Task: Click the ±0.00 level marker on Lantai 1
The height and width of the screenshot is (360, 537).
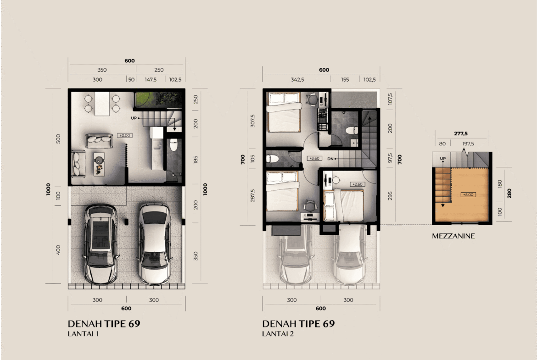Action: (125, 135)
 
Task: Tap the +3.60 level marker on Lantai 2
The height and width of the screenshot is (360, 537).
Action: (314, 158)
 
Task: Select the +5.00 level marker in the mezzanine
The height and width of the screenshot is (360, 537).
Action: (468, 195)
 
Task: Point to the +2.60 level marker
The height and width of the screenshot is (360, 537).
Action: (358, 184)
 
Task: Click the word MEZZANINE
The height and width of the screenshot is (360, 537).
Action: (453, 236)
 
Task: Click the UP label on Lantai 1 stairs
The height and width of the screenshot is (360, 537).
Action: (134, 118)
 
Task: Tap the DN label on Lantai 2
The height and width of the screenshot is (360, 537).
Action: (330, 159)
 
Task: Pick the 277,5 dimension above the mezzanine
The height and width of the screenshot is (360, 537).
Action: (461, 134)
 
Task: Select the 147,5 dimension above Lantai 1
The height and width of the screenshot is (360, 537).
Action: (151, 79)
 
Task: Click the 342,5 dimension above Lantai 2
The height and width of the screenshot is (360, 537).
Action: (297, 79)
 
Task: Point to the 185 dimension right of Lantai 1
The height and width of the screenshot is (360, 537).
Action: (196, 160)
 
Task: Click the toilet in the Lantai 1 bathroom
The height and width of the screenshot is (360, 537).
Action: (173, 145)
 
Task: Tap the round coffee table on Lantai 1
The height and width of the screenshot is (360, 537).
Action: (99, 160)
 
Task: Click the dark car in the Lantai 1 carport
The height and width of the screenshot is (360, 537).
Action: (101, 244)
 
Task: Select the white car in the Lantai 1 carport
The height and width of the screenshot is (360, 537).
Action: (155, 244)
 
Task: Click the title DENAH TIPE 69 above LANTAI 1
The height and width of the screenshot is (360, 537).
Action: (104, 324)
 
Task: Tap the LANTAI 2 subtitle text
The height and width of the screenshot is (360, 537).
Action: (278, 334)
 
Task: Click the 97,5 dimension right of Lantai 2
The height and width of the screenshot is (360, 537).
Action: (390, 158)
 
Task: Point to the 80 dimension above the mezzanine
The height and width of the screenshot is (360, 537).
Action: (442, 144)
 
